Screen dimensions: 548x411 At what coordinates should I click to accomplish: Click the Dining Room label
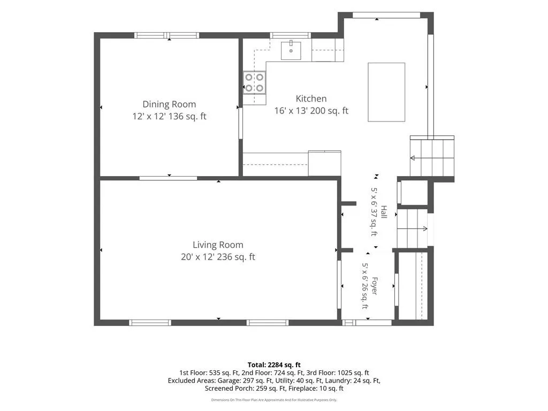tap(169, 104)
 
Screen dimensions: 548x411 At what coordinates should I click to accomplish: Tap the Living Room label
tap(218, 245)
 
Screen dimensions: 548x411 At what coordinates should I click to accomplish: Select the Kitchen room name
tap(311, 98)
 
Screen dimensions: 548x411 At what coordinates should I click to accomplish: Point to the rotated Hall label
tap(384, 212)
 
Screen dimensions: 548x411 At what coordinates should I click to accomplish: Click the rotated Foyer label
tap(374, 286)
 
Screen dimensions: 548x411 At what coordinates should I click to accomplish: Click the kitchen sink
tap(291, 50)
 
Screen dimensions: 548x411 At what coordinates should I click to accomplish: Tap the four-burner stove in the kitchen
tap(254, 82)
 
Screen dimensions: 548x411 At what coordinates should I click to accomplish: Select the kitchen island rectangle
tap(386, 92)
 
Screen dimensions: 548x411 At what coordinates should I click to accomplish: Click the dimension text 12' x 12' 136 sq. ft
tap(169, 116)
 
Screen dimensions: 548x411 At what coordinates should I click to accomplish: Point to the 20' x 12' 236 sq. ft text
tap(218, 257)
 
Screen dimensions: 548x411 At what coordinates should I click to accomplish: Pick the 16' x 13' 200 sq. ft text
tap(311, 111)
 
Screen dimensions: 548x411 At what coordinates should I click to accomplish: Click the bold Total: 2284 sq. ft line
tap(274, 365)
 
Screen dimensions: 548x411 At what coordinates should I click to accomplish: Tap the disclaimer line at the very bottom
tap(274, 400)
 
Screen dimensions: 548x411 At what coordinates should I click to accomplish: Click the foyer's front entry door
tap(367, 323)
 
